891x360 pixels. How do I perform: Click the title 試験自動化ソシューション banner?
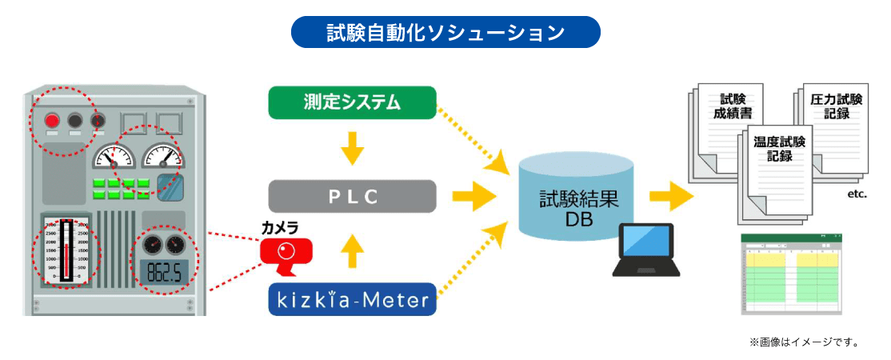445,32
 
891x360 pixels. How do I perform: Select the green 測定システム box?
352,102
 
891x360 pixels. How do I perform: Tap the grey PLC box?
352,197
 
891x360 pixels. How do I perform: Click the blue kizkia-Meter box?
352,300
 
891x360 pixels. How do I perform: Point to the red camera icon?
286,253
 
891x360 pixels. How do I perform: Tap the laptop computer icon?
646,250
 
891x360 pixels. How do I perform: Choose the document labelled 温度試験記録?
778,160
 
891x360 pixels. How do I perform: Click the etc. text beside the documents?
856,194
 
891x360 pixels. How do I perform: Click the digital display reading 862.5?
165,274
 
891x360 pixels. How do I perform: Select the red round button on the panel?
52,121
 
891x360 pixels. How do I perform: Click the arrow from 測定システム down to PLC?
352,150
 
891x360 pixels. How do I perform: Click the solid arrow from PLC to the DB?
473,196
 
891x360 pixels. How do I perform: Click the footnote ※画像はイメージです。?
804,342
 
